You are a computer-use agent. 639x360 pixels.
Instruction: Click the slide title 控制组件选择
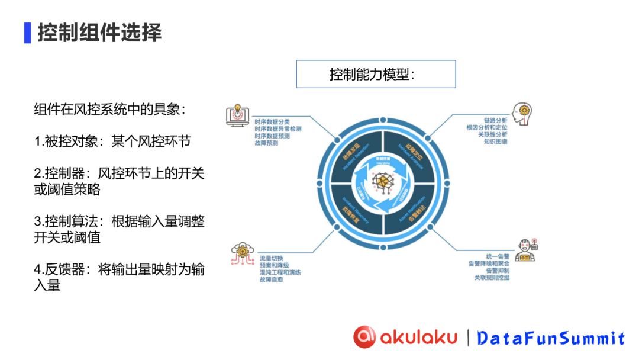pos(99,33)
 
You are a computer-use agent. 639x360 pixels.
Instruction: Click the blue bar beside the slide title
pos(27,33)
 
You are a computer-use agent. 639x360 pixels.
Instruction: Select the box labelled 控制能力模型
pos(376,75)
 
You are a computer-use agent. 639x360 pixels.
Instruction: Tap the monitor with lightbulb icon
pos(237,117)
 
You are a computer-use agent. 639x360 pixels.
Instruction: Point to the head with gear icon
pos(522,113)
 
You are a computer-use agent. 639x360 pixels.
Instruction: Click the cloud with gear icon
pos(243,253)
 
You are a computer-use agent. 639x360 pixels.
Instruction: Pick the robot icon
pos(525,250)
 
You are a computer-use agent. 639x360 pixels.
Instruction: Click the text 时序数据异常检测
pos(278,127)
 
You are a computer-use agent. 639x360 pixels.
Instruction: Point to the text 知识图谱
pos(495,142)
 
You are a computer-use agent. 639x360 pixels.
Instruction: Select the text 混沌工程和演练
pos(280,272)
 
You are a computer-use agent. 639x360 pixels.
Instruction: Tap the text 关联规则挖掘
pos(491,277)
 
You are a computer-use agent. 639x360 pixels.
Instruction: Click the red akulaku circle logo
pos(364,337)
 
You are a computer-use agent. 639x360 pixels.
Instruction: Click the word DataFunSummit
pos(550,338)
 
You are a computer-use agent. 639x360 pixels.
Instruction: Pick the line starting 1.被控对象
pos(112,142)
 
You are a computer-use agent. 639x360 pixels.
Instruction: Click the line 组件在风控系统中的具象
pos(110,110)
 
